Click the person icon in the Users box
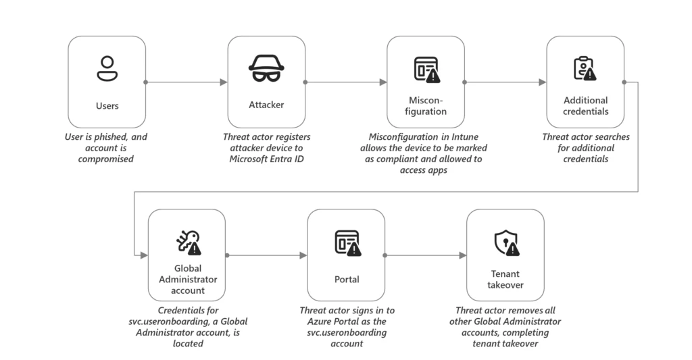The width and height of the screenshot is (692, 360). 107,68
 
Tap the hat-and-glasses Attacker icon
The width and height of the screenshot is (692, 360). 266,68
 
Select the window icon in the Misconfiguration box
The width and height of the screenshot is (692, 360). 426,69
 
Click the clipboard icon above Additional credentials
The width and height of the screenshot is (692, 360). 584,68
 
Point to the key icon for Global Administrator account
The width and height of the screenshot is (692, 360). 188,242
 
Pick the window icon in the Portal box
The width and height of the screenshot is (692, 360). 347,242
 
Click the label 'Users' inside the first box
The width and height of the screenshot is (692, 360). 107,105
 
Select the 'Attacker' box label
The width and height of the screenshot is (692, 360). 266,105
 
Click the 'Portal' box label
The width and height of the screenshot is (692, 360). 346,279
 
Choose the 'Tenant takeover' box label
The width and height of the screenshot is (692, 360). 505,279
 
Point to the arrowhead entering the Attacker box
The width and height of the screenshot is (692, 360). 224,82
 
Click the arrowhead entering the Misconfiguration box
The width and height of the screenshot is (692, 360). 383,82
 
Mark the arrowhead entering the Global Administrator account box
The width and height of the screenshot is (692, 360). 144,255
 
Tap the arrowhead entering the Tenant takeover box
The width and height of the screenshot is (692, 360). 463,255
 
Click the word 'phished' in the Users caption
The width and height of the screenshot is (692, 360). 108,137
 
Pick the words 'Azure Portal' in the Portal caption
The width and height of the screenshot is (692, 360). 332,322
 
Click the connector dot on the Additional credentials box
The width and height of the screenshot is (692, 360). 624,82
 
